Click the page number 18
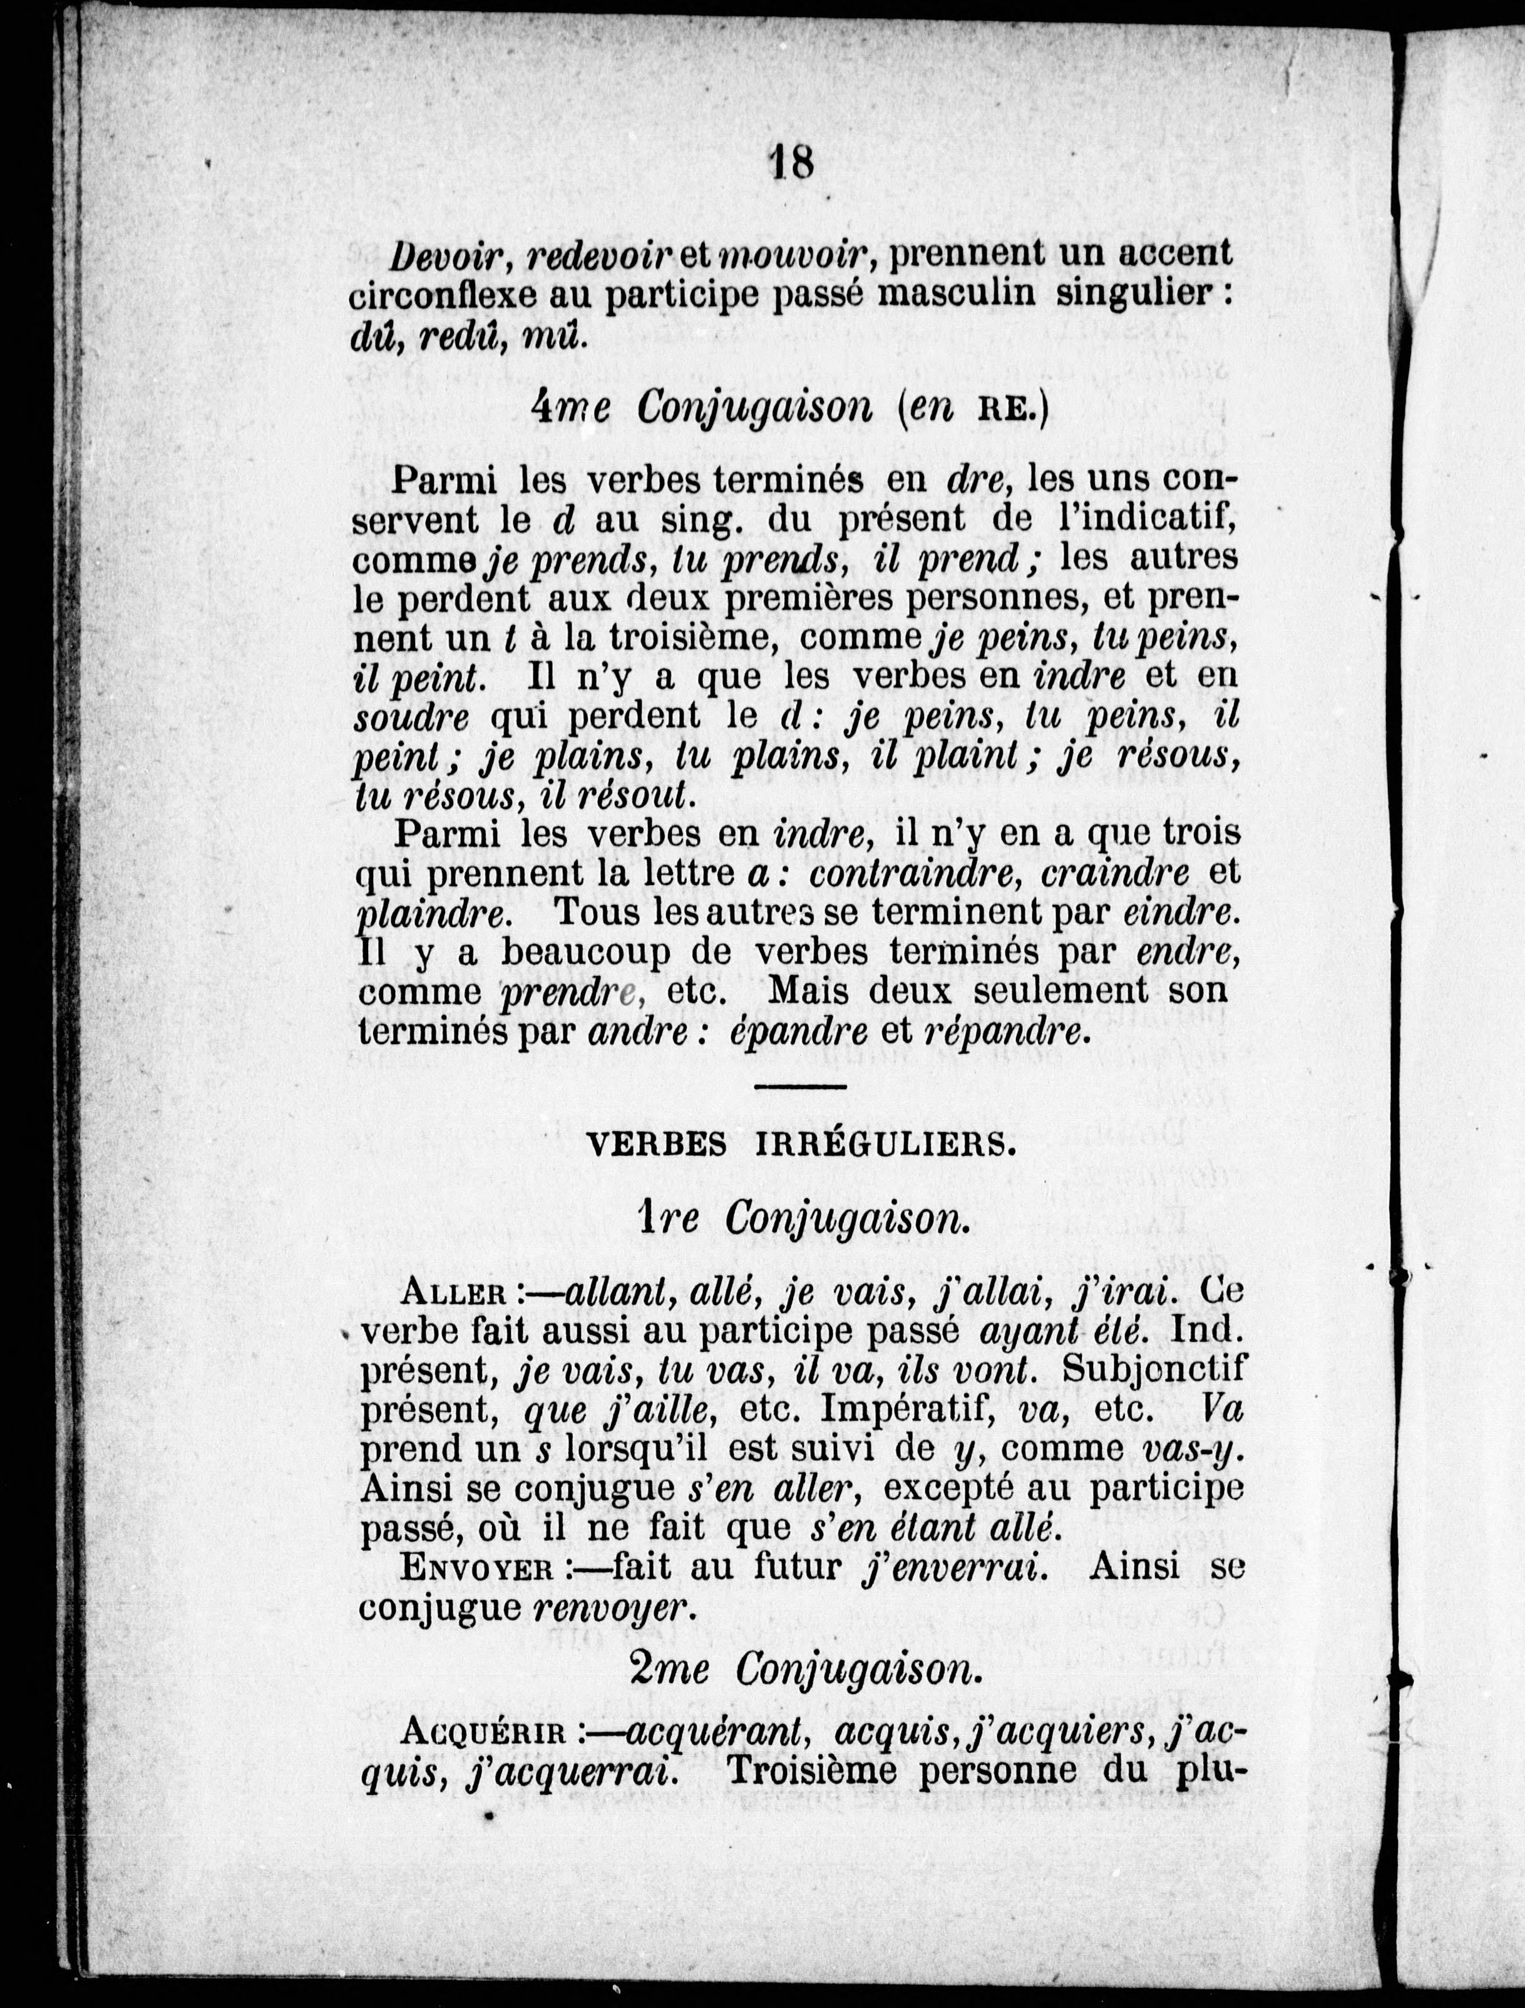coord(791,163)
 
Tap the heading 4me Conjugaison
coord(701,409)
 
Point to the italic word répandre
coord(1003,1032)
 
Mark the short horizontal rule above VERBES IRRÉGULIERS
coord(799,1086)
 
